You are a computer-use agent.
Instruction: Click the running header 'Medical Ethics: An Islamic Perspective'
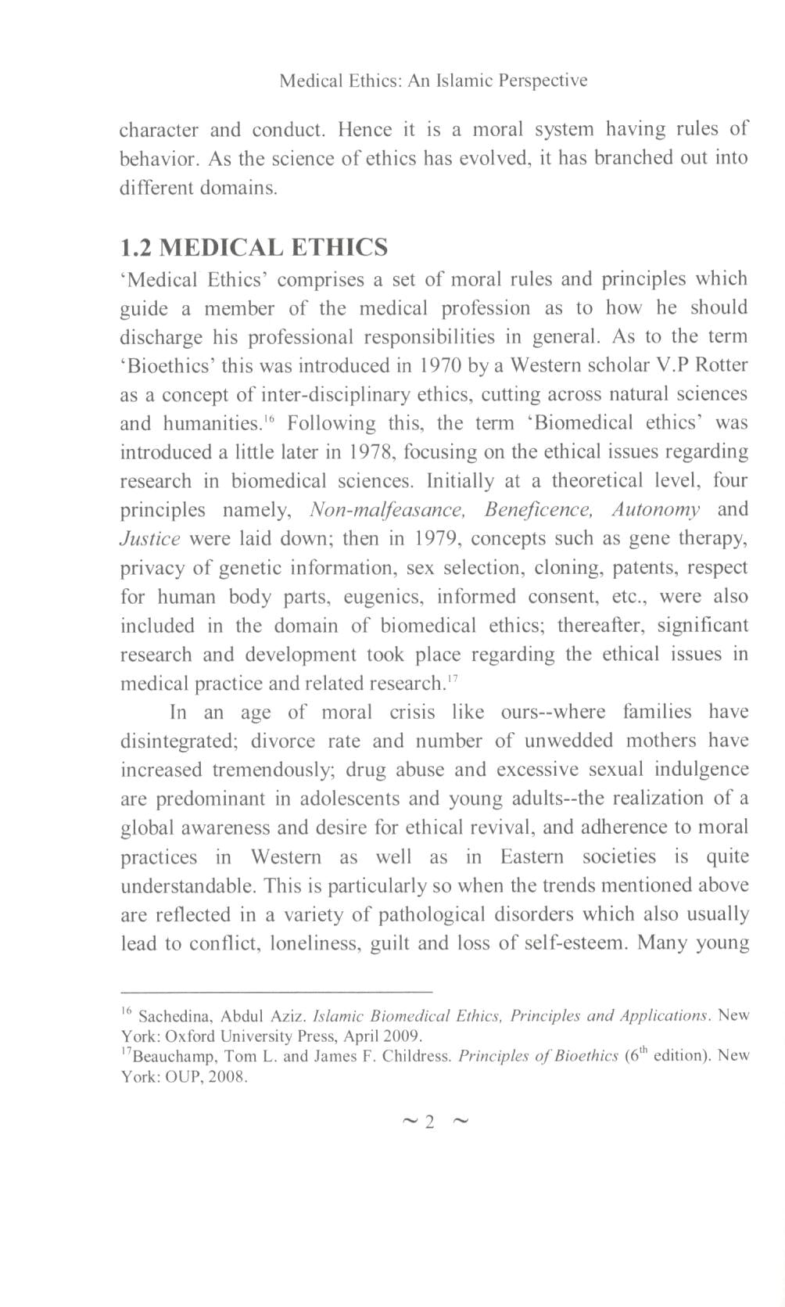click(433, 81)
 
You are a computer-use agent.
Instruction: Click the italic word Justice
click(150, 539)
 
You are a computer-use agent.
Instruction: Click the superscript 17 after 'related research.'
click(452, 679)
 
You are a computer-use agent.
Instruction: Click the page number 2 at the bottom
click(428, 1122)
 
